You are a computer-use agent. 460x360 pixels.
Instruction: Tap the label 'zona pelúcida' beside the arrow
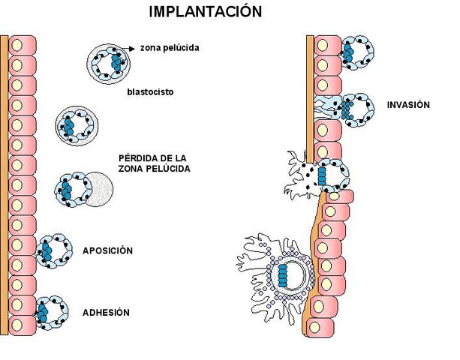[170, 47]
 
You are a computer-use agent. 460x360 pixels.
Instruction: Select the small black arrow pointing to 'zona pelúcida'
[129, 47]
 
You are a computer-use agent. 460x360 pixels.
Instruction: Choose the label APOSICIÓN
[107, 250]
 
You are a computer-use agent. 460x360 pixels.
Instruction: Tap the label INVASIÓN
[409, 104]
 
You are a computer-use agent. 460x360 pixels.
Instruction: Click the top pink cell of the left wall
[23, 43]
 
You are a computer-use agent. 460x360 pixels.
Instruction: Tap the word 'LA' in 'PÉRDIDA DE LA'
[180, 157]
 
